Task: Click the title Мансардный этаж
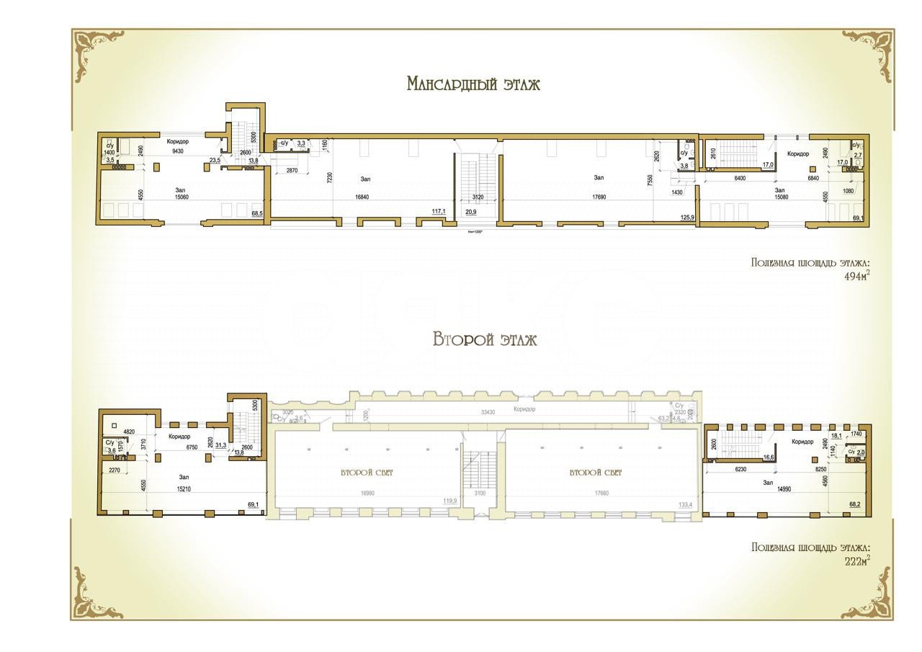click(x=473, y=84)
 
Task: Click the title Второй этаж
click(x=485, y=339)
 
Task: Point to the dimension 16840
click(x=367, y=197)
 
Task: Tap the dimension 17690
click(x=599, y=197)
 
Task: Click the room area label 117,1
click(x=439, y=212)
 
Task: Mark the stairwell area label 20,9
click(x=471, y=213)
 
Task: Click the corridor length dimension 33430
click(x=492, y=412)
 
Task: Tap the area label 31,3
click(x=220, y=445)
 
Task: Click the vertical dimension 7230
click(x=330, y=177)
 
